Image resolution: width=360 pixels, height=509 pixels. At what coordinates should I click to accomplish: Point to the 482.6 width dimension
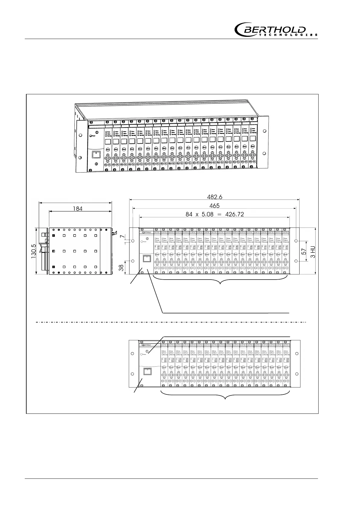215,197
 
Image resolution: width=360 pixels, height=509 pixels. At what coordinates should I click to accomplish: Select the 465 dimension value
215,206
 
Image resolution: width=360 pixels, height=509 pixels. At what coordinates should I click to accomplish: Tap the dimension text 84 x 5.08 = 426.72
215,214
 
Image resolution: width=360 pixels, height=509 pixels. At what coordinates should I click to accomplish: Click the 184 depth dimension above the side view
77,208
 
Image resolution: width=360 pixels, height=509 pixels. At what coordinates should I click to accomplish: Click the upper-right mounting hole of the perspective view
264,131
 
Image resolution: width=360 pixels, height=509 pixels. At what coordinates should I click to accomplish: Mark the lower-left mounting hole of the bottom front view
132,374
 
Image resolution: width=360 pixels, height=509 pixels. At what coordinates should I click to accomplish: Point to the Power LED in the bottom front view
142,354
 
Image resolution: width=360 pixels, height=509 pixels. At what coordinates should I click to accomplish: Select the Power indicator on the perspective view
90,136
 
